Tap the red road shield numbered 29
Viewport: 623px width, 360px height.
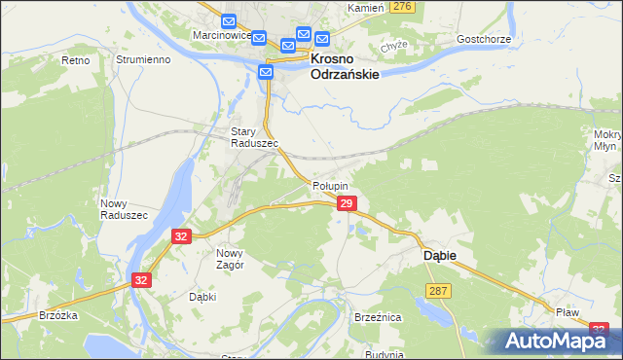pos(346,202)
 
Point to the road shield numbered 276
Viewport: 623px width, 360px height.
pos(401,7)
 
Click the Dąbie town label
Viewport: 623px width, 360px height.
pos(440,255)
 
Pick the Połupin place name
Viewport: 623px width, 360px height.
pos(330,185)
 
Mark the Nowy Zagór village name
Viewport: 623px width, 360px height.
pos(222,258)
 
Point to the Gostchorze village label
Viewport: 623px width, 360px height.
pos(483,39)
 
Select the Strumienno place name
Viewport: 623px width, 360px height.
pos(143,59)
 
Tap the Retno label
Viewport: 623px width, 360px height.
pos(75,60)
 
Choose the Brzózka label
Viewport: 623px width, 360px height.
pos(58,315)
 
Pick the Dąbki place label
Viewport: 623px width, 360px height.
pos(203,298)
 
